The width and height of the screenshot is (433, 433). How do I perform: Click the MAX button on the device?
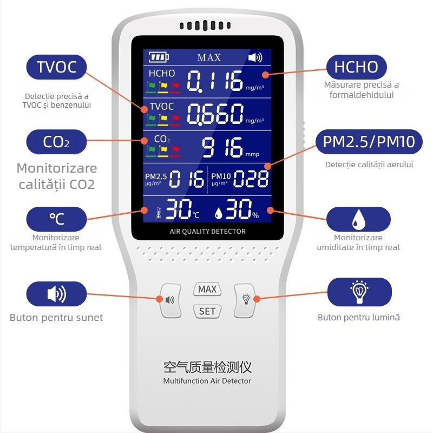[207, 289]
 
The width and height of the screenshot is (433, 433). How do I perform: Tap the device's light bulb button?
[246, 298]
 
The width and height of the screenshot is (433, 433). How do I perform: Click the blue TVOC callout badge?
[56, 67]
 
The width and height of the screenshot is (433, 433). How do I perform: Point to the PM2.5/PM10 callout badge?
[369, 142]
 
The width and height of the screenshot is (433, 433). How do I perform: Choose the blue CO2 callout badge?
[56, 142]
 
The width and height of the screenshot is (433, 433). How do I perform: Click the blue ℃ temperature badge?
[56, 219]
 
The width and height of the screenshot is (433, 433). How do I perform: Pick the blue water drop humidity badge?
[358, 219]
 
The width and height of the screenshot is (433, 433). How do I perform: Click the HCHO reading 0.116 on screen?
[215, 82]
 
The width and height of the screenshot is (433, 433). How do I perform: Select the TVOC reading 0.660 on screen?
[215, 114]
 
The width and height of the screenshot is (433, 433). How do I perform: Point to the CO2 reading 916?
[222, 147]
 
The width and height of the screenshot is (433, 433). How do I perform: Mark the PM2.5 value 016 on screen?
[187, 179]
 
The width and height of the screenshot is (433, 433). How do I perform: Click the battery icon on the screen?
[159, 57]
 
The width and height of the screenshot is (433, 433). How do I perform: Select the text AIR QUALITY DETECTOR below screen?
[207, 232]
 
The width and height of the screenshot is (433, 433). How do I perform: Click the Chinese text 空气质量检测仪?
[207, 368]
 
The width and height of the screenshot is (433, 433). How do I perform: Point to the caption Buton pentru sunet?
[56, 317]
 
